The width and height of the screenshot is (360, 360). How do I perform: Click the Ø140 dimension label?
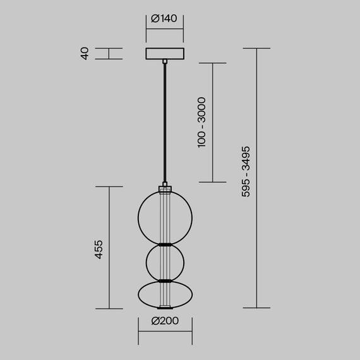(164, 19)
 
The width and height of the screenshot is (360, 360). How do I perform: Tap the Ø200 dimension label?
(165, 321)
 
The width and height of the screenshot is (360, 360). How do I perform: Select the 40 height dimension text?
(84, 54)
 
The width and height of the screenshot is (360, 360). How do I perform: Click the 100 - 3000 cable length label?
(201, 122)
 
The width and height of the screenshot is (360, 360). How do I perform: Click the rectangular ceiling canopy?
(165, 54)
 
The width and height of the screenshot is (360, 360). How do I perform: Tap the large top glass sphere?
(149, 215)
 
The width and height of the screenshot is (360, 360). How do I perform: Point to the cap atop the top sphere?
(165, 188)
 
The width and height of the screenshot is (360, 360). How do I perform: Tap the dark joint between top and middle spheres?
(165, 244)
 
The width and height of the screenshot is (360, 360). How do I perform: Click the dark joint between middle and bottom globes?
(165, 280)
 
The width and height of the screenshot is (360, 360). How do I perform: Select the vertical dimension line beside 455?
(110, 248)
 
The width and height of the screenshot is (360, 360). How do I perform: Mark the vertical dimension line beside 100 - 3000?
(212, 122)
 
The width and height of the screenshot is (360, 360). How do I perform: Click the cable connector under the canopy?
(165, 62)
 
